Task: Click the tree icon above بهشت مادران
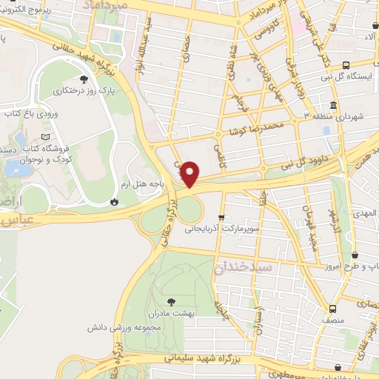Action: (172, 301)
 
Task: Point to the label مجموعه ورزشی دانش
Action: (121, 326)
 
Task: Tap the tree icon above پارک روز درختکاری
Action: (83, 80)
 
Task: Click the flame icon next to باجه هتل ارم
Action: (114, 201)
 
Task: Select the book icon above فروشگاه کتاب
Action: (47, 137)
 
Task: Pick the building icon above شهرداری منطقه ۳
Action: (334, 105)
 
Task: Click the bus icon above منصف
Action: (332, 309)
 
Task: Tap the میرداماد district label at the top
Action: (113, 6)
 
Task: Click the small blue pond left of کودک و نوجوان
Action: (16, 167)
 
